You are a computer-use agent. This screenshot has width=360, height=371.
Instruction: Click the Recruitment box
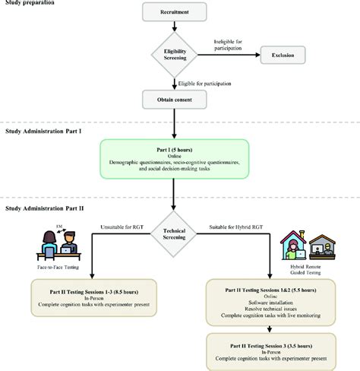[x=175, y=14]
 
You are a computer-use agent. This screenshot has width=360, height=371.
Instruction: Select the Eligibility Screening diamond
[x=175, y=55]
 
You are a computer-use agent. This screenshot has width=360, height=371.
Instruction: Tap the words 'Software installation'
[x=272, y=305]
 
